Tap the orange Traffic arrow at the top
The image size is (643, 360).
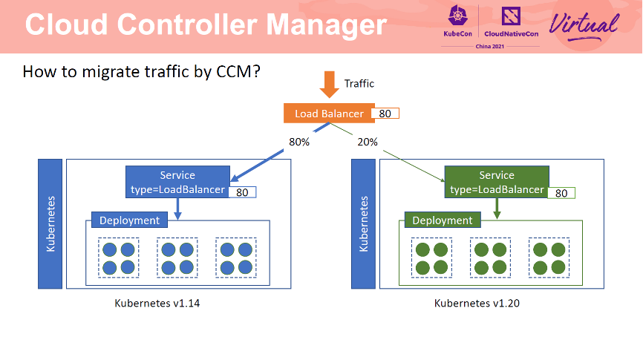coord(329,84)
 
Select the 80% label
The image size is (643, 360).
coord(299,141)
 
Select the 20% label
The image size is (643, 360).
coord(368,141)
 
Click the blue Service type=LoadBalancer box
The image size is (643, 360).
coord(177,183)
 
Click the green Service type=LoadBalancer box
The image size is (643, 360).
coord(497,183)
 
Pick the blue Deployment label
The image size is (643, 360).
coord(129,220)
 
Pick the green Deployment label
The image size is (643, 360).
coord(443,220)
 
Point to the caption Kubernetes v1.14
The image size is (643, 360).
coord(157,304)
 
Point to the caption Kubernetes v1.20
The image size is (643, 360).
coord(476,304)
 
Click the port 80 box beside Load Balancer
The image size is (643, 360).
coord(385,114)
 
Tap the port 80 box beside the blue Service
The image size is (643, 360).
coord(242,192)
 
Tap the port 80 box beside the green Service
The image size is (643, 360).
coord(562,193)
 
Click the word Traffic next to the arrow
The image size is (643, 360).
coord(359,84)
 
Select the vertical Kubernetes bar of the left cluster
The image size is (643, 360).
coord(50,223)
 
